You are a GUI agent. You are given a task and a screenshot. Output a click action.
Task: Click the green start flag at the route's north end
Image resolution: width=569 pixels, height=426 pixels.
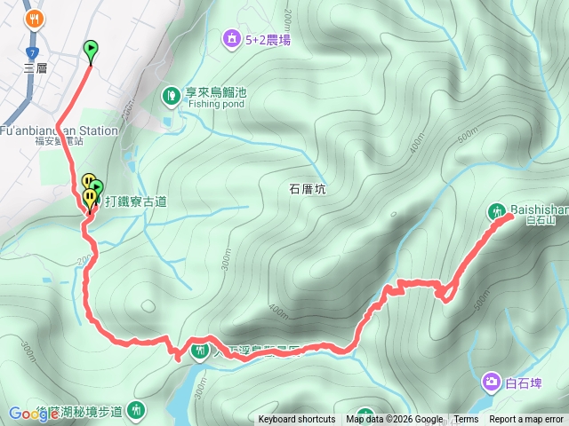(91, 50)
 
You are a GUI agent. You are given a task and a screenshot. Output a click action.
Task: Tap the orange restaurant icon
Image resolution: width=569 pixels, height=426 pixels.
(35, 18)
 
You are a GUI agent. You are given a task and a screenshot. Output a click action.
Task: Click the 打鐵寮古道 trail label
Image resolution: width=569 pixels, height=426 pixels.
(136, 201)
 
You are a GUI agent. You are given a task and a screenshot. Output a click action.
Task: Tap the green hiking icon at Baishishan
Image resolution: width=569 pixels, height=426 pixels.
(496, 211)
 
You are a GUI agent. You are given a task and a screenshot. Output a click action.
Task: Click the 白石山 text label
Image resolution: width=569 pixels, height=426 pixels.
(540, 220)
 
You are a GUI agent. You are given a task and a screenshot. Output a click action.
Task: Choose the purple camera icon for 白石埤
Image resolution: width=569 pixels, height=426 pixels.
(491, 383)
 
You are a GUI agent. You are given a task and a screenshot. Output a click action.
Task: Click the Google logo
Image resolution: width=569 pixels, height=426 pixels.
(34, 414)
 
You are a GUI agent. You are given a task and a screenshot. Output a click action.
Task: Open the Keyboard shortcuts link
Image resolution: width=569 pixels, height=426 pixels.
(297, 420)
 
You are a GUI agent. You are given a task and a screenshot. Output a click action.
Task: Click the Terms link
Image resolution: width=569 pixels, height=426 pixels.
(466, 420)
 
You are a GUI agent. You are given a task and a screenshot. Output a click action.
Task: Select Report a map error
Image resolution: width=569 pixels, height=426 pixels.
(526, 420)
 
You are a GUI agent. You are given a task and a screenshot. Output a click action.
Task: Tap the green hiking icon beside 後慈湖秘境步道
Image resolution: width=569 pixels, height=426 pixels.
(137, 410)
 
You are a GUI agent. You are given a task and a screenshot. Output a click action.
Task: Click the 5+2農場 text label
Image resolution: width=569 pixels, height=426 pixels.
(268, 39)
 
